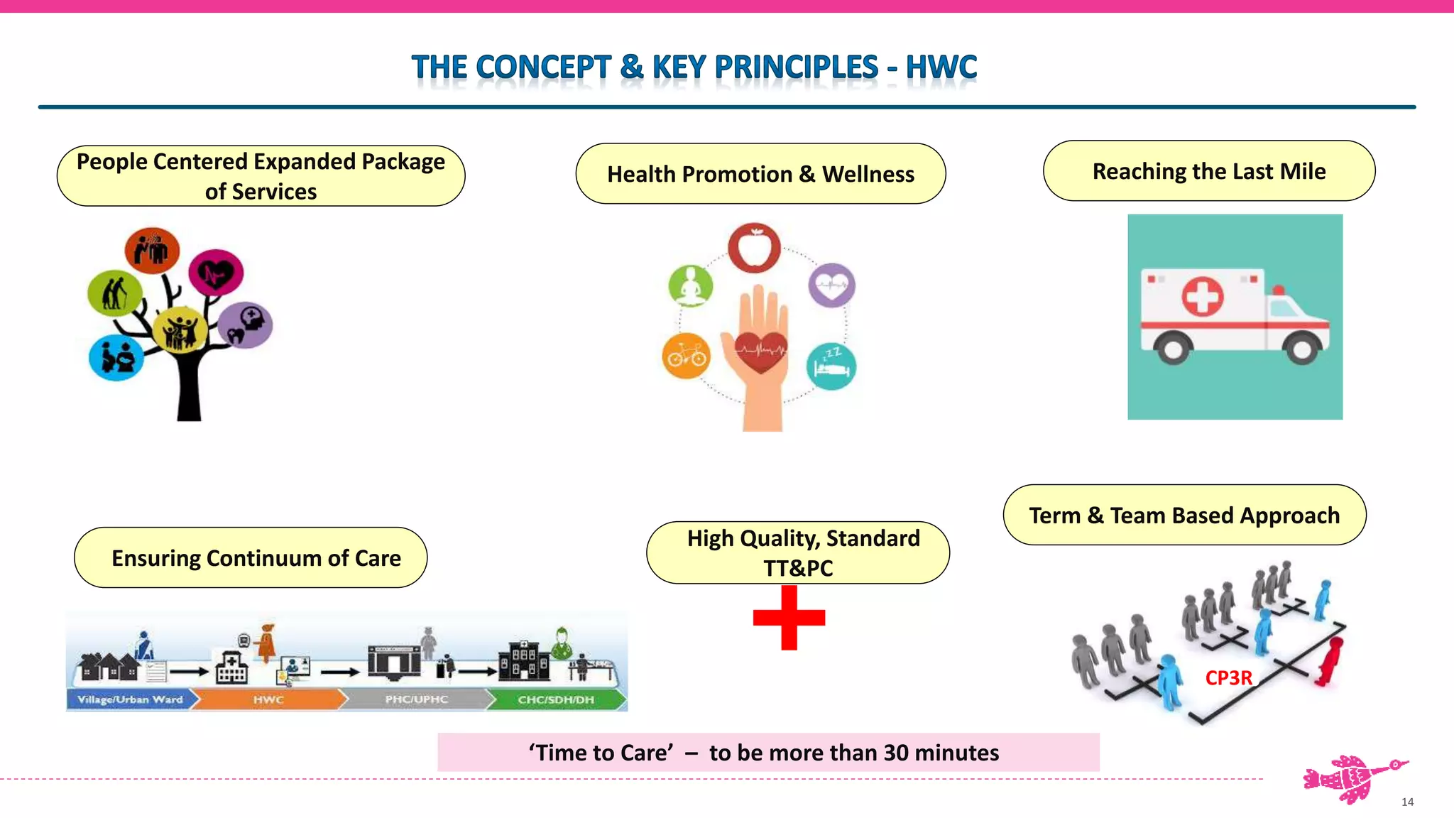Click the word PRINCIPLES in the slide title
pos(796,67)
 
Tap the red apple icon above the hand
pos(754,248)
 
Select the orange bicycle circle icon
pos(686,355)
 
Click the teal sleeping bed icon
pos(831,366)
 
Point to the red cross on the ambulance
pos(1203,296)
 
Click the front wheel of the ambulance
pos(1301,348)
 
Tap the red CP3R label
pos(1228,678)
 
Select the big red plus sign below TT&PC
pos(789,618)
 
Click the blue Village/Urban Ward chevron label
pos(130,699)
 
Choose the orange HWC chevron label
pos(268,699)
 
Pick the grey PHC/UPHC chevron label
pos(416,699)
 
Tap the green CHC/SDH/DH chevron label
pos(556,699)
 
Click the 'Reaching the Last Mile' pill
pos(1208,171)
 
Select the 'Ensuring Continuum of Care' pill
pos(251,558)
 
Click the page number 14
pos(1407,802)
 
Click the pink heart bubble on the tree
pos(216,273)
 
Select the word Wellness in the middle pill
pos(868,174)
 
